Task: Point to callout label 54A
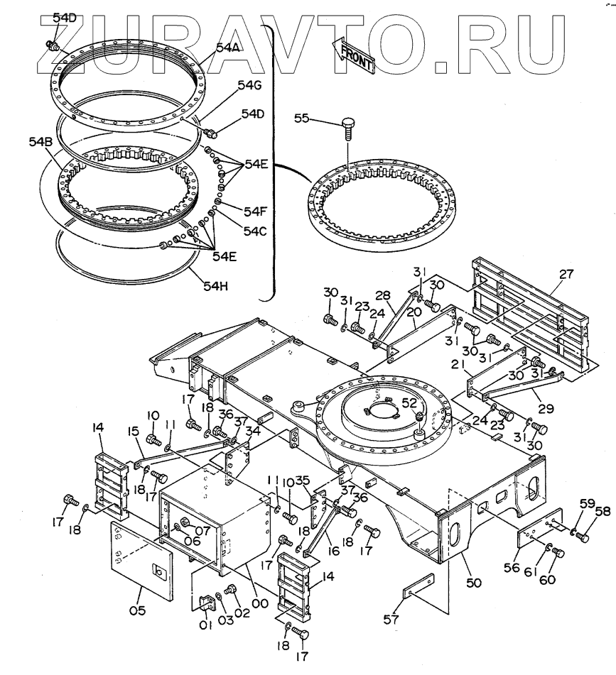click(228, 48)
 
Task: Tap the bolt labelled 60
click(558, 553)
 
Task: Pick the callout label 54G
click(249, 85)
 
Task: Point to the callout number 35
click(303, 481)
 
